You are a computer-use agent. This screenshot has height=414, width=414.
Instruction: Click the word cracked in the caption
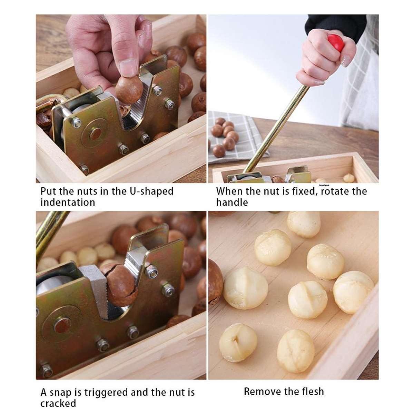(x=58, y=403)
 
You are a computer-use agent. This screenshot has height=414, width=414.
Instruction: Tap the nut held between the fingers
(x=129, y=90)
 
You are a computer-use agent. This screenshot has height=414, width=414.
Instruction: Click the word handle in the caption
(x=232, y=202)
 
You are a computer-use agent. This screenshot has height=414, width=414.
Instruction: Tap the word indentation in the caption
(x=68, y=202)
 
